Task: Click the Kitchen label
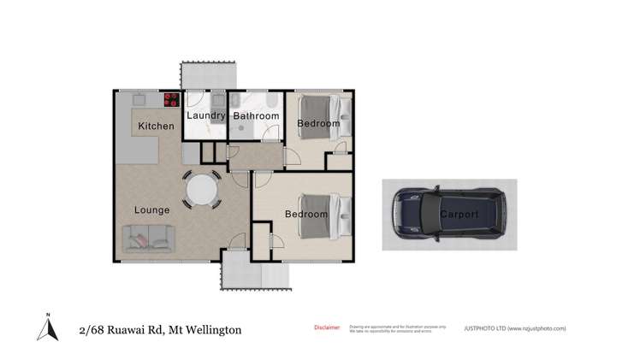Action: pos(156,127)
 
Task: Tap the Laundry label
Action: pos(205,115)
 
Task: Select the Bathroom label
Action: pos(256,115)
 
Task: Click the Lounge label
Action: pos(151,210)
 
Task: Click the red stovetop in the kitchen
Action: pos(172,98)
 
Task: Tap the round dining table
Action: pos(202,189)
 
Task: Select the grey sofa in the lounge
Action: pos(150,238)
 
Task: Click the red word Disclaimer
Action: pos(328,327)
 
